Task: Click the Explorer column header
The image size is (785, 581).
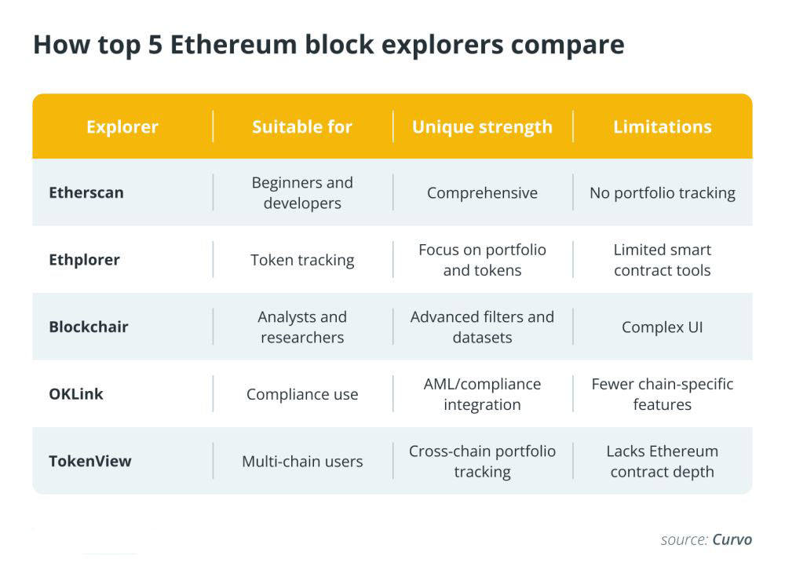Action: [x=122, y=126]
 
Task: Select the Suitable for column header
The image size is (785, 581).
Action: [x=302, y=126]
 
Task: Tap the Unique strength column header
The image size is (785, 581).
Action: [x=482, y=126]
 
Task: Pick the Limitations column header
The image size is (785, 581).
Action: [x=663, y=126]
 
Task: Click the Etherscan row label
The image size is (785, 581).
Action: [x=86, y=192]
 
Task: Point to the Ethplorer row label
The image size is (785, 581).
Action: [x=84, y=260]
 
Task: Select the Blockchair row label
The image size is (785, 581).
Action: [x=88, y=327]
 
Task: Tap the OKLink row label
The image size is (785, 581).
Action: [x=76, y=394]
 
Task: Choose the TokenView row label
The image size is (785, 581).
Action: [x=89, y=461]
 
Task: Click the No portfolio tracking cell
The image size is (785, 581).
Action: [x=663, y=193]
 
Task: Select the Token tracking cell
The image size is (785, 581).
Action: [x=302, y=260]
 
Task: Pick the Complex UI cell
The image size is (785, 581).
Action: [x=663, y=327]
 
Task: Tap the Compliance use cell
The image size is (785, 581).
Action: [x=302, y=394]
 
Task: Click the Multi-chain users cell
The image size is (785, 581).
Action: [x=302, y=462]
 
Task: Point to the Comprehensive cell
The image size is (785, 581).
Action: [x=482, y=193]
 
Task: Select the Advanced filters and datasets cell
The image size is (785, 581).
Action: [x=482, y=327]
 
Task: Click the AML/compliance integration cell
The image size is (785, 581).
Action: [x=482, y=394]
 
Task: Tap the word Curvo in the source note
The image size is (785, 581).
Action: [x=732, y=539]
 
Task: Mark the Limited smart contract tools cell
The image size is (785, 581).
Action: [x=663, y=260]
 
